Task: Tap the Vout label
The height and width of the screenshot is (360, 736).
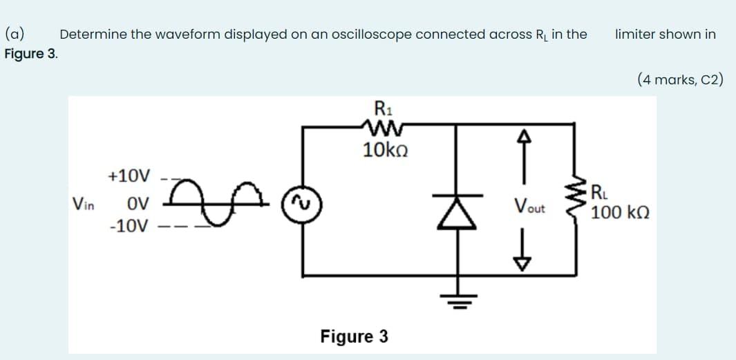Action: coord(529,206)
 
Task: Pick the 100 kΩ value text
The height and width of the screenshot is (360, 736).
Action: coord(620,212)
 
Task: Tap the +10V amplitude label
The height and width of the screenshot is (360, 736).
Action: coord(129,176)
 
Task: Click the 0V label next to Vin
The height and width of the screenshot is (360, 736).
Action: coord(138,204)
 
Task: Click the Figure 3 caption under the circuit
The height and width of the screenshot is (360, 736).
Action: coord(354,337)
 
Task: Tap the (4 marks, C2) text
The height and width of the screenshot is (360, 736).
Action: coord(680,79)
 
